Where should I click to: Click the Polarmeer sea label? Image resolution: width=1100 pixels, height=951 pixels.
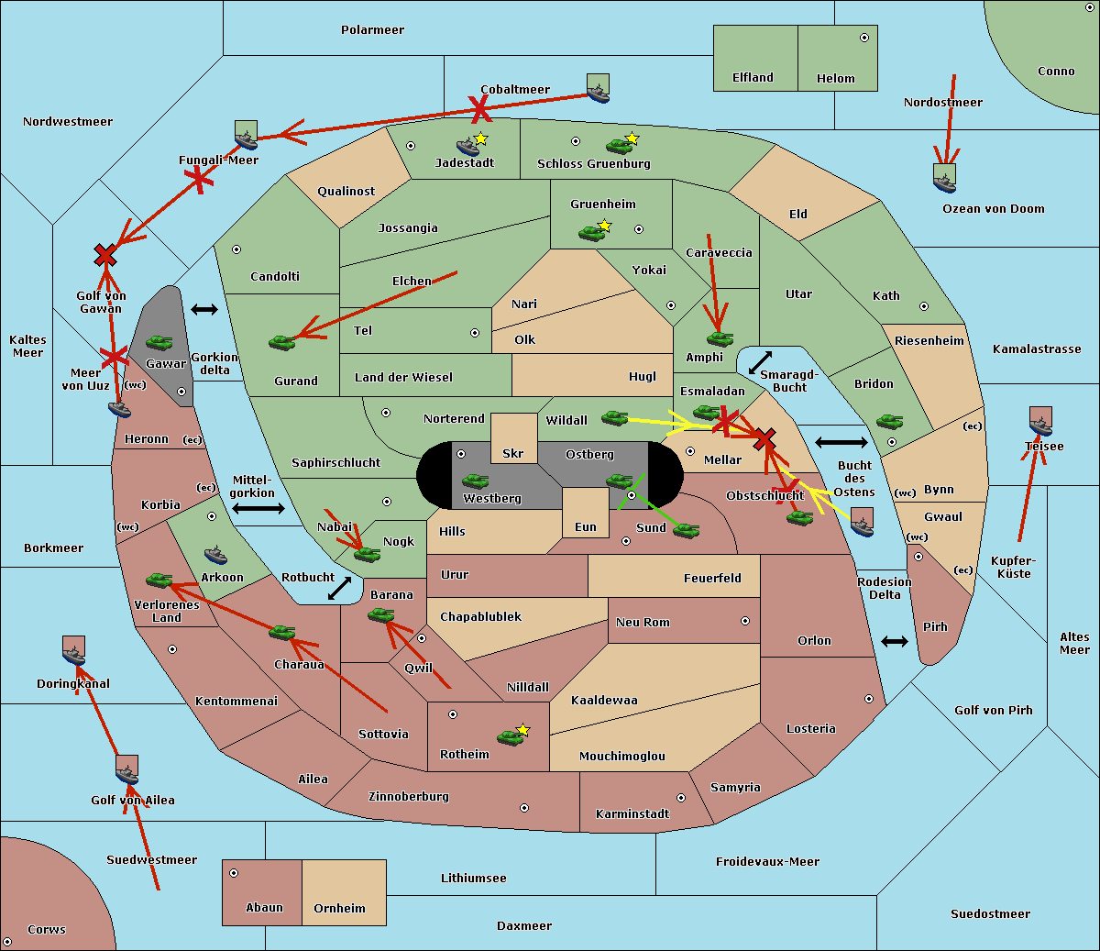click(372, 30)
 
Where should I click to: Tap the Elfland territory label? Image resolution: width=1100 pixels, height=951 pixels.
click(753, 78)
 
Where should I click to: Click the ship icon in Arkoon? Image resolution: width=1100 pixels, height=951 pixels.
click(215, 555)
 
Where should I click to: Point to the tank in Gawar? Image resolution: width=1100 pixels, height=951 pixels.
click(159, 343)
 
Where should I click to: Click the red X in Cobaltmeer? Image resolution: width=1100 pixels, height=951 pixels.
click(479, 109)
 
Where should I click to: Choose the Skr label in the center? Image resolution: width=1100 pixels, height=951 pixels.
click(513, 454)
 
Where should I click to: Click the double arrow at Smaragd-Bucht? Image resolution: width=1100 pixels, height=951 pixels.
click(761, 362)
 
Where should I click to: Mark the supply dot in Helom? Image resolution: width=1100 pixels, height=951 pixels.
click(863, 38)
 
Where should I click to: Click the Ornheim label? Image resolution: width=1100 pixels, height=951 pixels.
click(339, 909)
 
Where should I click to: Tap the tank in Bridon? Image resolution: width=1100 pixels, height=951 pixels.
click(889, 422)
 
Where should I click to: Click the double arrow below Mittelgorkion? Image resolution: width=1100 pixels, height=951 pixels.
click(258, 508)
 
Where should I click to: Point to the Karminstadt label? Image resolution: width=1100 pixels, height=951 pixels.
click(632, 814)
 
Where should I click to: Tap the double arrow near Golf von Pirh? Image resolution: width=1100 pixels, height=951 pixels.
click(895, 641)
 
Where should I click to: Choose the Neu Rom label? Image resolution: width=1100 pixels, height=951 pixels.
click(643, 623)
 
